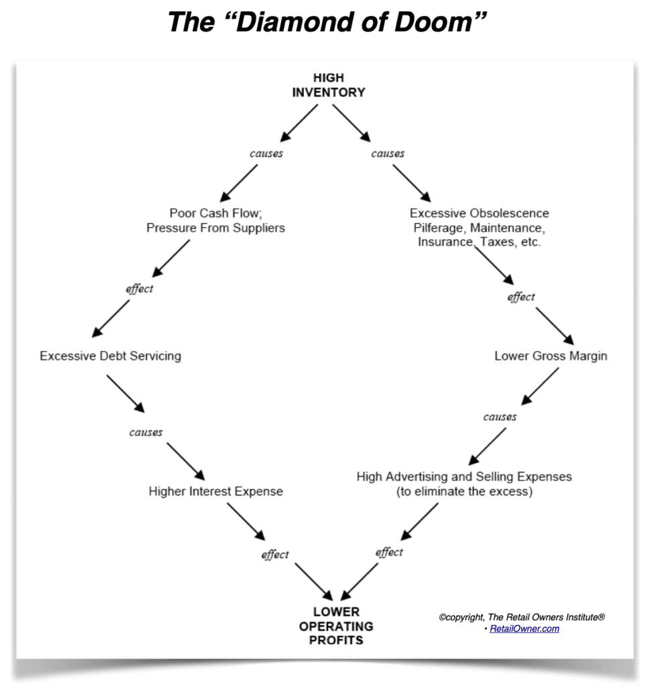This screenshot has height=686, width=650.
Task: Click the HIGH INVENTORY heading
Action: (x=328, y=86)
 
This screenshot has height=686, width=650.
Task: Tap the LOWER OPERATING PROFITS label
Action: (x=336, y=626)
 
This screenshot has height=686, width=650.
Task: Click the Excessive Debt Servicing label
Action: (x=110, y=356)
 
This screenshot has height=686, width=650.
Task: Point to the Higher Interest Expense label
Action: (x=215, y=492)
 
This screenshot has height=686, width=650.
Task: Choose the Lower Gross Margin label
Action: (x=551, y=356)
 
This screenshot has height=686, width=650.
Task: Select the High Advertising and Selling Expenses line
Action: (x=464, y=476)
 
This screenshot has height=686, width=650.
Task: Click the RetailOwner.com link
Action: (x=524, y=628)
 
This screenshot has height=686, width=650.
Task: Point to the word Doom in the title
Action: (x=437, y=23)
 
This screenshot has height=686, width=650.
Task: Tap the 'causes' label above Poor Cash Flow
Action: (x=266, y=153)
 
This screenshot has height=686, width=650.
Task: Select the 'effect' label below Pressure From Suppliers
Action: (x=140, y=289)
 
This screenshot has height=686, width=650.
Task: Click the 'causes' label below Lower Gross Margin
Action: (x=500, y=417)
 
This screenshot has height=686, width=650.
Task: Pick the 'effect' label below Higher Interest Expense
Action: (x=275, y=555)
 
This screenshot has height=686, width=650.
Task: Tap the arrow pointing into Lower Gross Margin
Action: (x=553, y=326)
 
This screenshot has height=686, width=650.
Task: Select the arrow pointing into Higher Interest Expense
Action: (x=186, y=460)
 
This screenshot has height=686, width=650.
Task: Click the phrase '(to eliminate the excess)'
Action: (x=464, y=492)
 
